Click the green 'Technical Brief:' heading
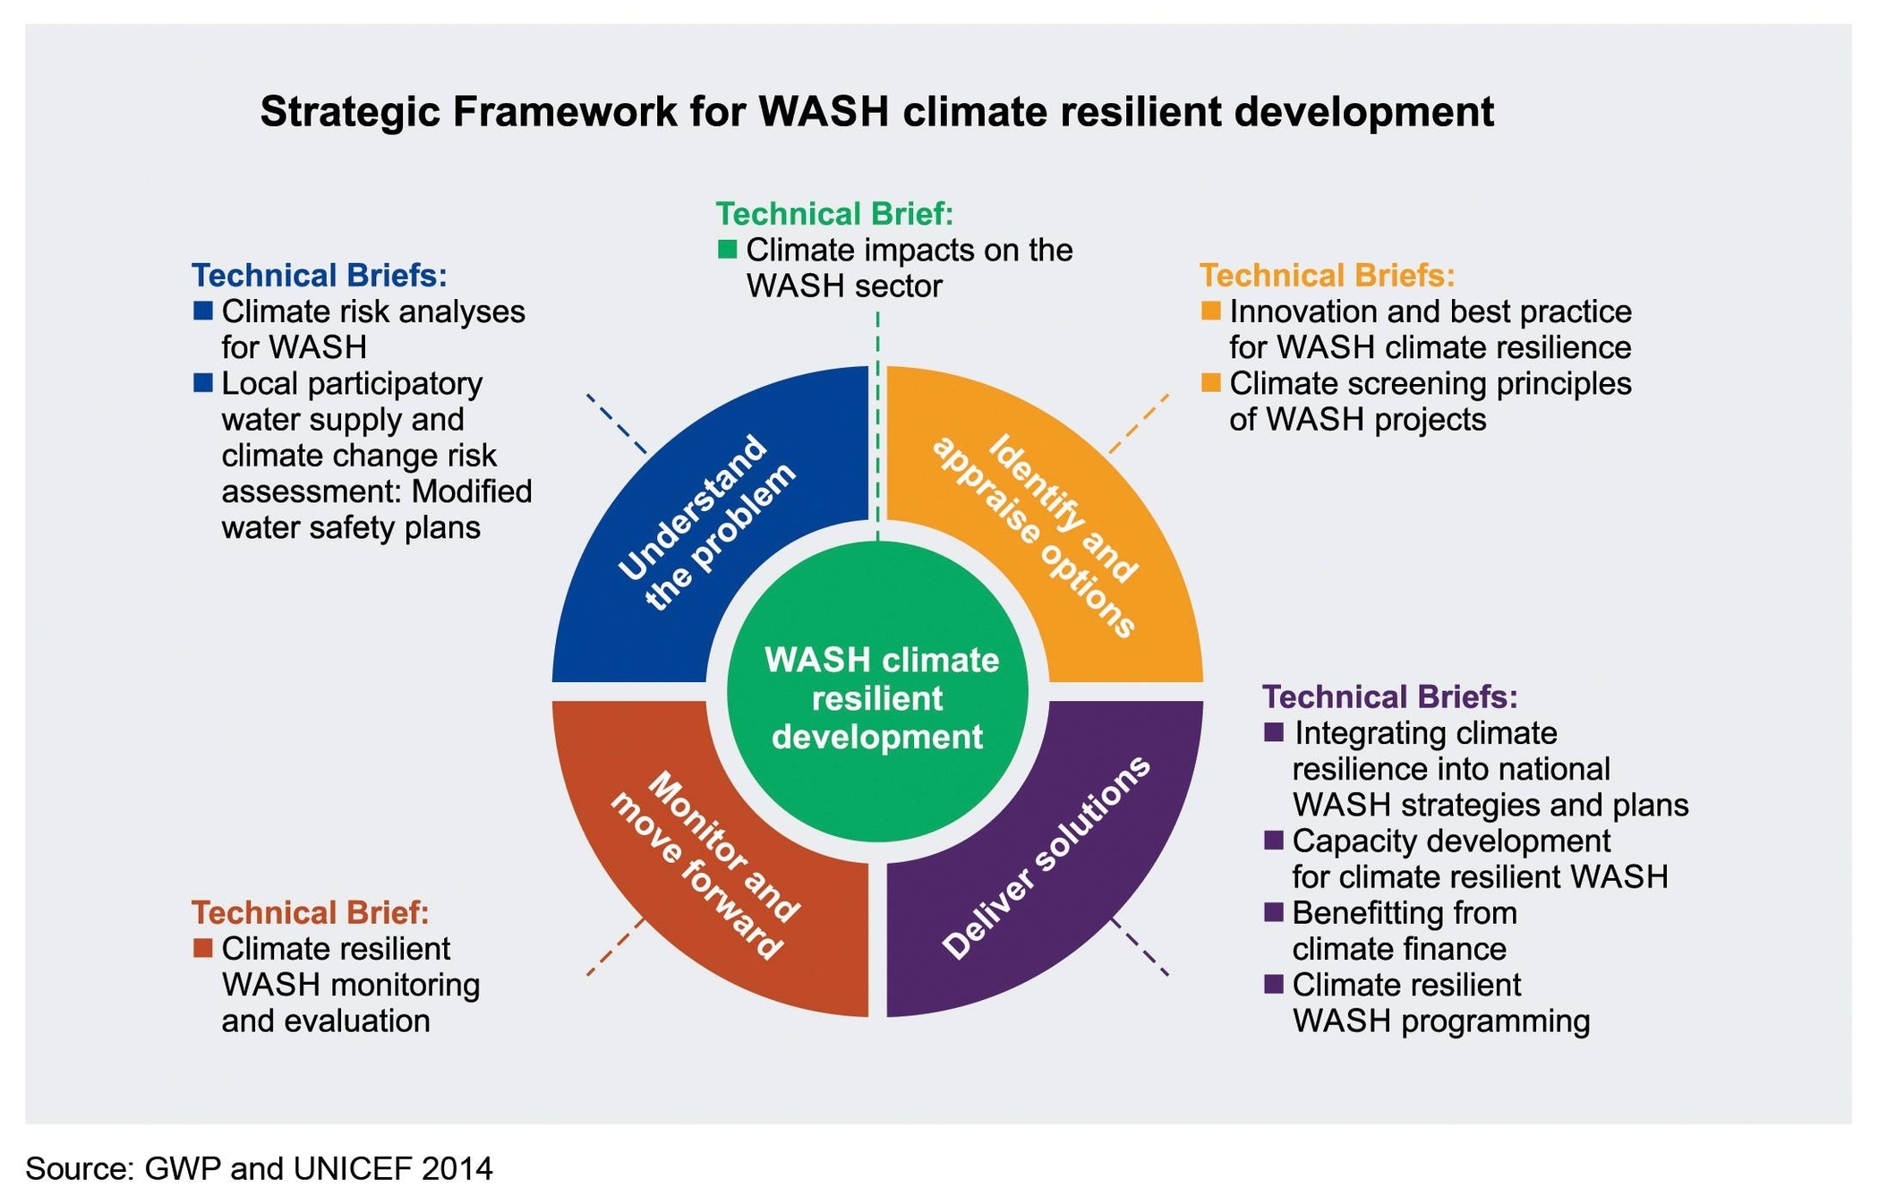click(834, 214)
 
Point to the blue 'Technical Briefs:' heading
click(320, 275)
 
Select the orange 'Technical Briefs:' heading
click(1327, 275)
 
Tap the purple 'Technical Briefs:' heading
click(1389, 696)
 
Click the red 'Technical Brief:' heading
click(310, 912)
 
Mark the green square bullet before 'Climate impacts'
click(727, 250)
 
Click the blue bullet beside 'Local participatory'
click(202, 383)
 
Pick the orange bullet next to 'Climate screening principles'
click(1210, 383)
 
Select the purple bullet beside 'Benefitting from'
click(1273, 912)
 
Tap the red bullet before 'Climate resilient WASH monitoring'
click(202, 948)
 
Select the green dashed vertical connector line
click(877, 421)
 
